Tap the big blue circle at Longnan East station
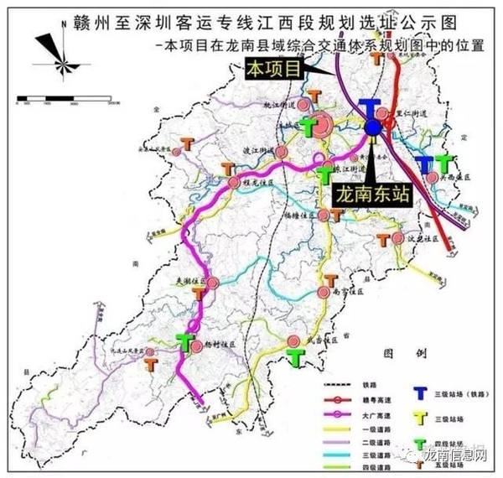coord(371,127)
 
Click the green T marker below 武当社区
coord(294,357)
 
